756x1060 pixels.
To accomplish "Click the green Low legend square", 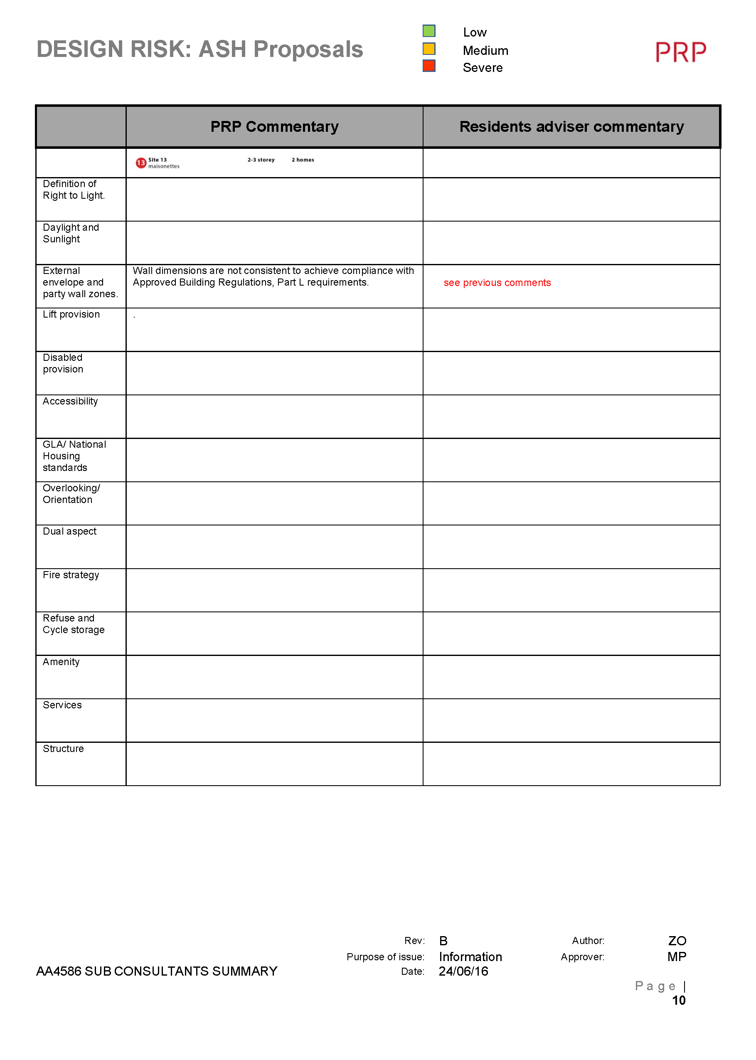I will click(x=429, y=31).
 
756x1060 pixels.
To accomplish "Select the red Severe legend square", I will click(x=429, y=66).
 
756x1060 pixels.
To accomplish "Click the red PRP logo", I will click(x=681, y=52).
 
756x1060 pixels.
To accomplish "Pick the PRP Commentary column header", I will click(x=274, y=127).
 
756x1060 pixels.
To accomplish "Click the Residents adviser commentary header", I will click(x=571, y=127).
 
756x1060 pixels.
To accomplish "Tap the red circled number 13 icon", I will click(x=140, y=163).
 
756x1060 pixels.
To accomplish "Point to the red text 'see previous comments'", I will click(x=497, y=283).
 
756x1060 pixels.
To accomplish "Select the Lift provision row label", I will click(x=71, y=315).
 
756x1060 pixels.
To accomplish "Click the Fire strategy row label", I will click(x=71, y=575).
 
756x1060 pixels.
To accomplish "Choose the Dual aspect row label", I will click(x=69, y=532).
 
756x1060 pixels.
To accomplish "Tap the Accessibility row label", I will click(x=70, y=401).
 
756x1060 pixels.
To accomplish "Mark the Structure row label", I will click(x=63, y=749).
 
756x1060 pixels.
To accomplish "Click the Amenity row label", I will click(x=61, y=662).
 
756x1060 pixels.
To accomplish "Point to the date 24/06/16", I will click(x=463, y=971).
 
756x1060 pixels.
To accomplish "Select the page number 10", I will click(x=678, y=1001).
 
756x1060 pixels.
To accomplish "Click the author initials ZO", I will click(x=677, y=941).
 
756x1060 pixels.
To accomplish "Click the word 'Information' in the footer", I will click(x=470, y=957).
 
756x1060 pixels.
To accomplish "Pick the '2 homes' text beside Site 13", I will click(x=303, y=160).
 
